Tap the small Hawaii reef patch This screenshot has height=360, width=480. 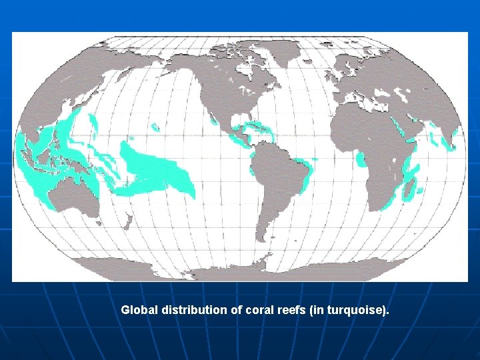155,126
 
